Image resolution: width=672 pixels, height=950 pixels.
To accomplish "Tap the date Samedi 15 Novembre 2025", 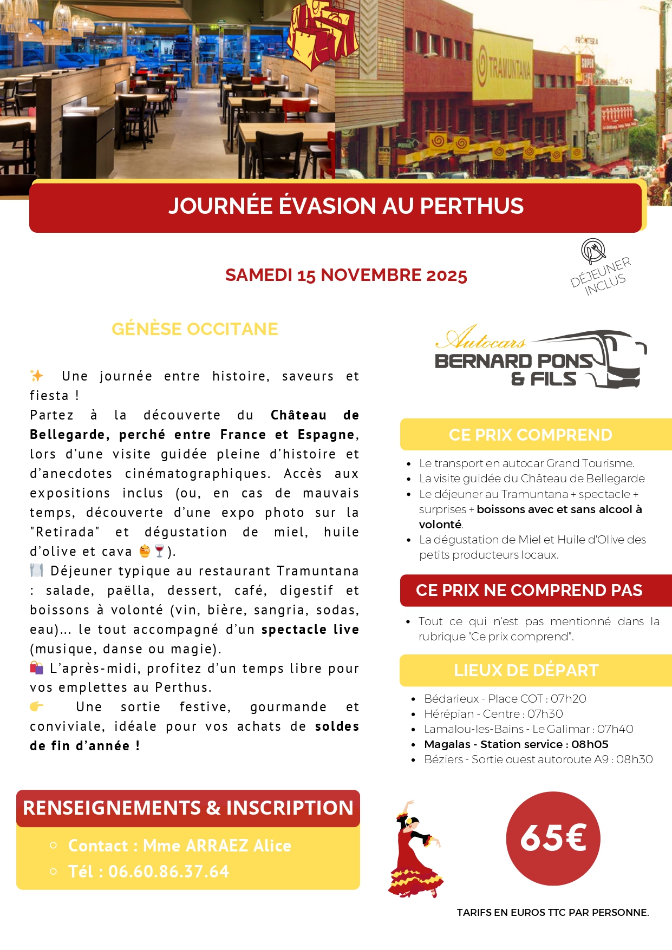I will point(346,275).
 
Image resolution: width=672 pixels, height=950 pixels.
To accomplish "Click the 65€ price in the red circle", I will point(553,838).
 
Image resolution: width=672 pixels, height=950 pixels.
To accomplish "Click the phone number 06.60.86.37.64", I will point(168,872).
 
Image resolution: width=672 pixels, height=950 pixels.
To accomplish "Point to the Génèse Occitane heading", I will point(194,329).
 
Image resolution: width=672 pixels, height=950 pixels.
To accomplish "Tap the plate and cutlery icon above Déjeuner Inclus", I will point(593,251).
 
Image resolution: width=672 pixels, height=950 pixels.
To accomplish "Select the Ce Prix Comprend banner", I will point(531,435).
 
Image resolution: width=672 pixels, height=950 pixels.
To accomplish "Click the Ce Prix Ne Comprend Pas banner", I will point(529,590).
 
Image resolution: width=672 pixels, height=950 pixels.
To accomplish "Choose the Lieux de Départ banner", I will point(526,670).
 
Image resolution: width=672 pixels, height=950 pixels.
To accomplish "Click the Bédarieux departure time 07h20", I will point(568,699).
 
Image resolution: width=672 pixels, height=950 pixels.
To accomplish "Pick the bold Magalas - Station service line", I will point(516,744).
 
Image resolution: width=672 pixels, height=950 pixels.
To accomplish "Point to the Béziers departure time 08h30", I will point(634,759).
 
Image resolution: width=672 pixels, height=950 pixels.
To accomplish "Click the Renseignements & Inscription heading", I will point(188,808).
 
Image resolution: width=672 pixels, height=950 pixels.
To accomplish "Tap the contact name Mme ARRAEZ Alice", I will point(217,846).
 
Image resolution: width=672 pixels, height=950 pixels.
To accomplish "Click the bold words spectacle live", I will point(310,630).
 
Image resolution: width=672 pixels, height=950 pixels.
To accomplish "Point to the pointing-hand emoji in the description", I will point(37,706).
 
